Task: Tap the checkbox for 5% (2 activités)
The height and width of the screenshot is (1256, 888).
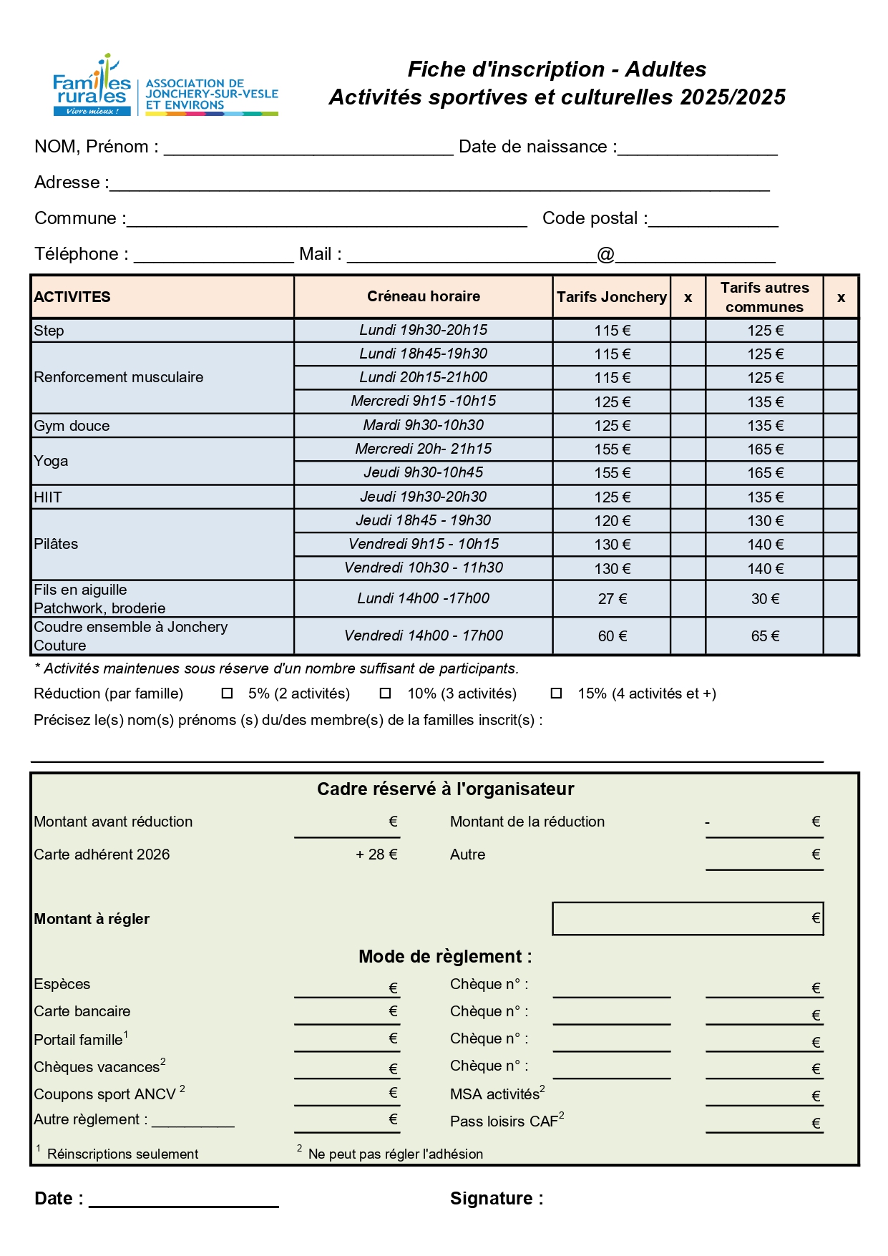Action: point(228,693)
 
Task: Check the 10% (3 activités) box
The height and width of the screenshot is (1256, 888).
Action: point(385,693)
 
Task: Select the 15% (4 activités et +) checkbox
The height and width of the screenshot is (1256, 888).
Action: point(556,693)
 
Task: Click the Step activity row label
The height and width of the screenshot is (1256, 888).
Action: point(49,331)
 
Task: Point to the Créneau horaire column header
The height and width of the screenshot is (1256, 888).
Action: point(423,296)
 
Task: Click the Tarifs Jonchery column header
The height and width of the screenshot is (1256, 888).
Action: point(612,297)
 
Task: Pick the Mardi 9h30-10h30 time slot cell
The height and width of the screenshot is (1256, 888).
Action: point(423,425)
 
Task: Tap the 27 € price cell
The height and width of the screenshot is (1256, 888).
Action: point(613,599)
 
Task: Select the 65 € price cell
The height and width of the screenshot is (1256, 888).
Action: point(765,636)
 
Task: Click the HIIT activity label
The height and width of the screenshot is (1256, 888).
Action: point(48,497)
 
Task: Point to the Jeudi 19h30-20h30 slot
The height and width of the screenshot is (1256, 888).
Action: point(423,497)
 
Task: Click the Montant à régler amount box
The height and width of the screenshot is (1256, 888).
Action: point(688,919)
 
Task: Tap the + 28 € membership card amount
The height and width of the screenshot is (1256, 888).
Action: point(376,855)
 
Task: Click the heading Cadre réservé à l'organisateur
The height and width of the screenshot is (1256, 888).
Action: point(445,789)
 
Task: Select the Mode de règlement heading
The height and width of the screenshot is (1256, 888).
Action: point(445,957)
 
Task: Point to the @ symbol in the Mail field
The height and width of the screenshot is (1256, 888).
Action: point(605,254)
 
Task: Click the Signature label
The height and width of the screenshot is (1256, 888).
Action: point(496,1199)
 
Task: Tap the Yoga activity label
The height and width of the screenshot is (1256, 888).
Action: point(52,461)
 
